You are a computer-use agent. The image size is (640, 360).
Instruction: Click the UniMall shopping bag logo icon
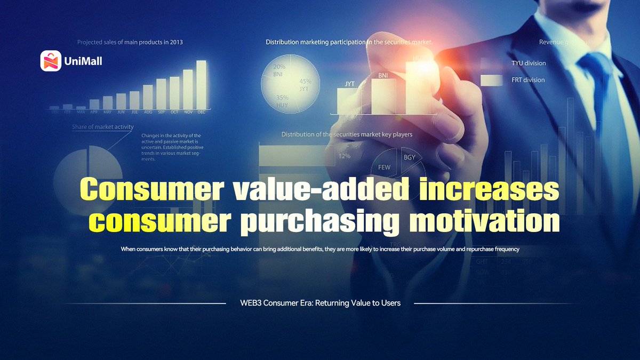click(51, 61)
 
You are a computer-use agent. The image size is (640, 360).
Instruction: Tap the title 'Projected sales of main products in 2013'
click(130, 42)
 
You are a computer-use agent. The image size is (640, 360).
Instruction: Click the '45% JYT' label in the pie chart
click(305, 85)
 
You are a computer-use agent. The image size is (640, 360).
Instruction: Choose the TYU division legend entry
click(528, 63)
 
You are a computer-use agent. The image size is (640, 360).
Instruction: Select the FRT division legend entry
click(528, 79)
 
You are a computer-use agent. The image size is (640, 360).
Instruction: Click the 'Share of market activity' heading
click(103, 127)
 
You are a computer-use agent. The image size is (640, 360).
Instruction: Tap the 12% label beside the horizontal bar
click(344, 156)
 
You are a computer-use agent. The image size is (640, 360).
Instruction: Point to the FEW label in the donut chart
click(384, 167)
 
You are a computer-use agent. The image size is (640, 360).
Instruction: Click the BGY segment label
click(410, 157)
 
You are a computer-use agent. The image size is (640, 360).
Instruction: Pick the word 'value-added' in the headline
click(314, 190)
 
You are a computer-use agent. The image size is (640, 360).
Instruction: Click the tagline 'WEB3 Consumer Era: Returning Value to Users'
click(320, 303)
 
